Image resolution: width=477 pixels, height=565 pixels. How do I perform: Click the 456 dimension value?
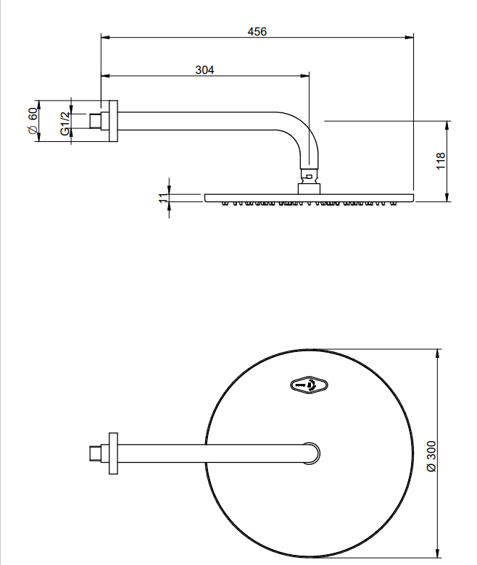point(257,32)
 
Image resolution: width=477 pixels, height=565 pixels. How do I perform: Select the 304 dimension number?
point(204,70)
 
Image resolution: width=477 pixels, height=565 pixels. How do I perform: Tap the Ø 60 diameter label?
point(33,121)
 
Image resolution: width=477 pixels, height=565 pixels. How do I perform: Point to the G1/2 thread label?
point(65,123)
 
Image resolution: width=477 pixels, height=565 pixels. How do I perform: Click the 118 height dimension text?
point(441,161)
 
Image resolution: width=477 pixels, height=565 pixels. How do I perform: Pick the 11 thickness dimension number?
point(163,198)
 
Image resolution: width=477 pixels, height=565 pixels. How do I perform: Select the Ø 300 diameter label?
point(431,456)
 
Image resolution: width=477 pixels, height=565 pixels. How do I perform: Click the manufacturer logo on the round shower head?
point(309,385)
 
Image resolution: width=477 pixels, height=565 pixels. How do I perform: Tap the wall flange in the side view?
point(113,121)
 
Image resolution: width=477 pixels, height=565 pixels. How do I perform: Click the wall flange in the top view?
point(113,453)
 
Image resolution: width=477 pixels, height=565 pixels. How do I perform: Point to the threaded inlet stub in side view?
point(95,121)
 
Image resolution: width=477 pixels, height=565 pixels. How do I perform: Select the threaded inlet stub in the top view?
point(95,453)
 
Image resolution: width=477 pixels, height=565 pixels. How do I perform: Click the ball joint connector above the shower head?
point(309,177)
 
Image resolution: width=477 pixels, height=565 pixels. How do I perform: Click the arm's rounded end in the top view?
point(312,453)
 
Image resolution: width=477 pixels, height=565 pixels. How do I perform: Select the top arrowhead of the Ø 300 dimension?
point(438,353)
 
